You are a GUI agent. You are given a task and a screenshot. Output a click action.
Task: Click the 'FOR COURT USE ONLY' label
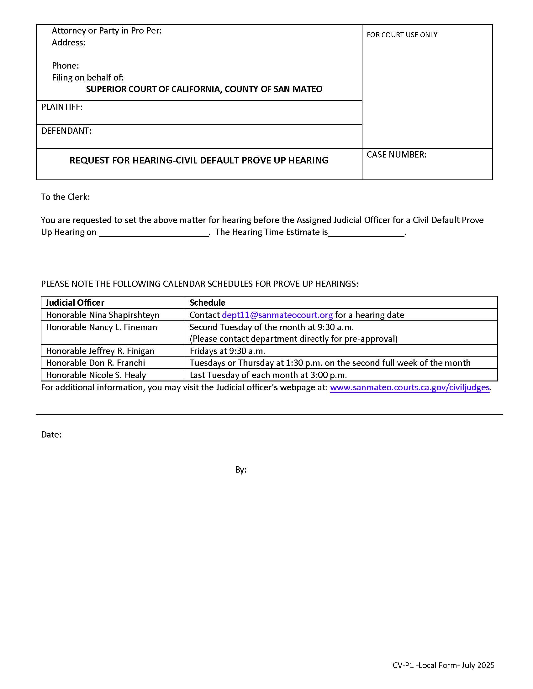(x=402, y=35)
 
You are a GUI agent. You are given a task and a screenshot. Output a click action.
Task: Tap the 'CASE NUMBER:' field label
(x=396, y=155)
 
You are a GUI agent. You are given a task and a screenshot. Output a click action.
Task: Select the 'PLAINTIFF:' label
(x=61, y=107)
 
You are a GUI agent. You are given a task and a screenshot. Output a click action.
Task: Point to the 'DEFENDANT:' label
(x=66, y=131)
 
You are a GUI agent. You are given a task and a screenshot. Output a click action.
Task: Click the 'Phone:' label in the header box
(x=65, y=66)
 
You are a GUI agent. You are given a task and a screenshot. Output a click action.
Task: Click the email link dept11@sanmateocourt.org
(x=277, y=315)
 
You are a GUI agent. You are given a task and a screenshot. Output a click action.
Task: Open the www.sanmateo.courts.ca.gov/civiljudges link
(x=409, y=387)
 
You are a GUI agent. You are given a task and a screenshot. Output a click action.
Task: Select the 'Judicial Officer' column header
(x=75, y=303)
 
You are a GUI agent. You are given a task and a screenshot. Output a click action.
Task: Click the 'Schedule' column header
(x=207, y=303)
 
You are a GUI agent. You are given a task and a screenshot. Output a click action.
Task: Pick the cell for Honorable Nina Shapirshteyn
(x=103, y=315)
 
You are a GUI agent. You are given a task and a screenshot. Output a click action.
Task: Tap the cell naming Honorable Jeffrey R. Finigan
(x=100, y=351)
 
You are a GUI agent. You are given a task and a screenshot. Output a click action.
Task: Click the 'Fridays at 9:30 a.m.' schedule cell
(x=227, y=351)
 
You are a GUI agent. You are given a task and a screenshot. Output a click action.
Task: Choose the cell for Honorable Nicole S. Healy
(x=96, y=375)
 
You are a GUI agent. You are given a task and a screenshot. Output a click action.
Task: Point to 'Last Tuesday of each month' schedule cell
(x=268, y=375)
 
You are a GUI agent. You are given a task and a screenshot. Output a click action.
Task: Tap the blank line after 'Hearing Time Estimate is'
(x=366, y=233)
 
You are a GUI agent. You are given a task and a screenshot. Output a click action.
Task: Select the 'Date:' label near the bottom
(x=51, y=435)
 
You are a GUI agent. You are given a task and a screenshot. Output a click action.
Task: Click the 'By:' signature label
(x=240, y=470)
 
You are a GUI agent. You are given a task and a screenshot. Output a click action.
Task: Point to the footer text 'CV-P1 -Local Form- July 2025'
(x=443, y=665)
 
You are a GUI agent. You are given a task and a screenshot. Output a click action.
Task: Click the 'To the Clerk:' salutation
(x=65, y=197)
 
